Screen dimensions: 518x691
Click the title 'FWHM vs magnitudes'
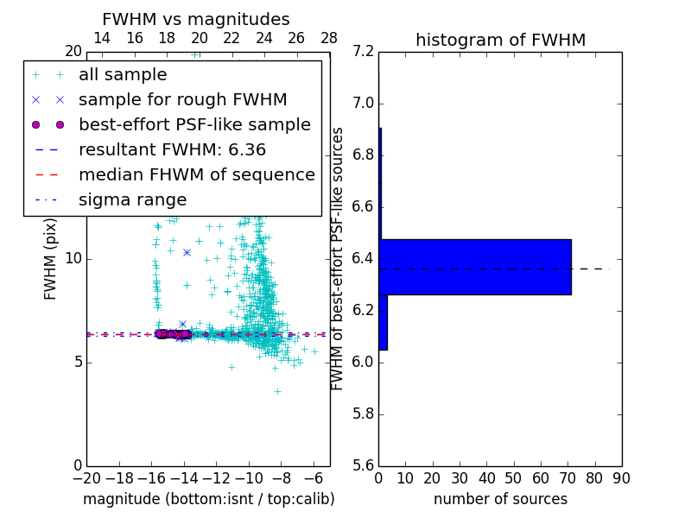[x=196, y=19]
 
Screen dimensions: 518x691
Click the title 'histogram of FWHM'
[x=500, y=40]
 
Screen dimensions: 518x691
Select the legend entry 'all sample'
[x=123, y=75]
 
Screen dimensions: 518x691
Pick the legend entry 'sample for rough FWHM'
[x=182, y=99]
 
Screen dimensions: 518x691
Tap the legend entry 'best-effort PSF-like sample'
[x=194, y=124]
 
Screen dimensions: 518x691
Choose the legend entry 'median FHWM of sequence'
[x=196, y=174]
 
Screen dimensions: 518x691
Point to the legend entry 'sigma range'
[x=132, y=199]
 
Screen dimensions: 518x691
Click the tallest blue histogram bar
[x=474, y=267]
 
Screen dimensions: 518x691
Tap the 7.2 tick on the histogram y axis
[x=365, y=52]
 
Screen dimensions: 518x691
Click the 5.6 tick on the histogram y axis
[x=365, y=465]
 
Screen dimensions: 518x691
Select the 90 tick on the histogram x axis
[x=621, y=477]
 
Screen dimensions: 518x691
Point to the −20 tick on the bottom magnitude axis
[x=86, y=477]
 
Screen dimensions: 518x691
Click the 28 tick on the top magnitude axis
[x=329, y=39]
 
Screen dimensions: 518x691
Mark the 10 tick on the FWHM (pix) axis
[x=73, y=258]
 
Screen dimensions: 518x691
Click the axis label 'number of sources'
[x=500, y=499]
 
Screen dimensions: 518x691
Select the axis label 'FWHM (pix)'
[x=51, y=258]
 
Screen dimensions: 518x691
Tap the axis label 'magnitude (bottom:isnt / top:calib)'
[x=208, y=499]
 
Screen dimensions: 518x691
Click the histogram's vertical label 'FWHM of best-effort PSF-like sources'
[x=339, y=258]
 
